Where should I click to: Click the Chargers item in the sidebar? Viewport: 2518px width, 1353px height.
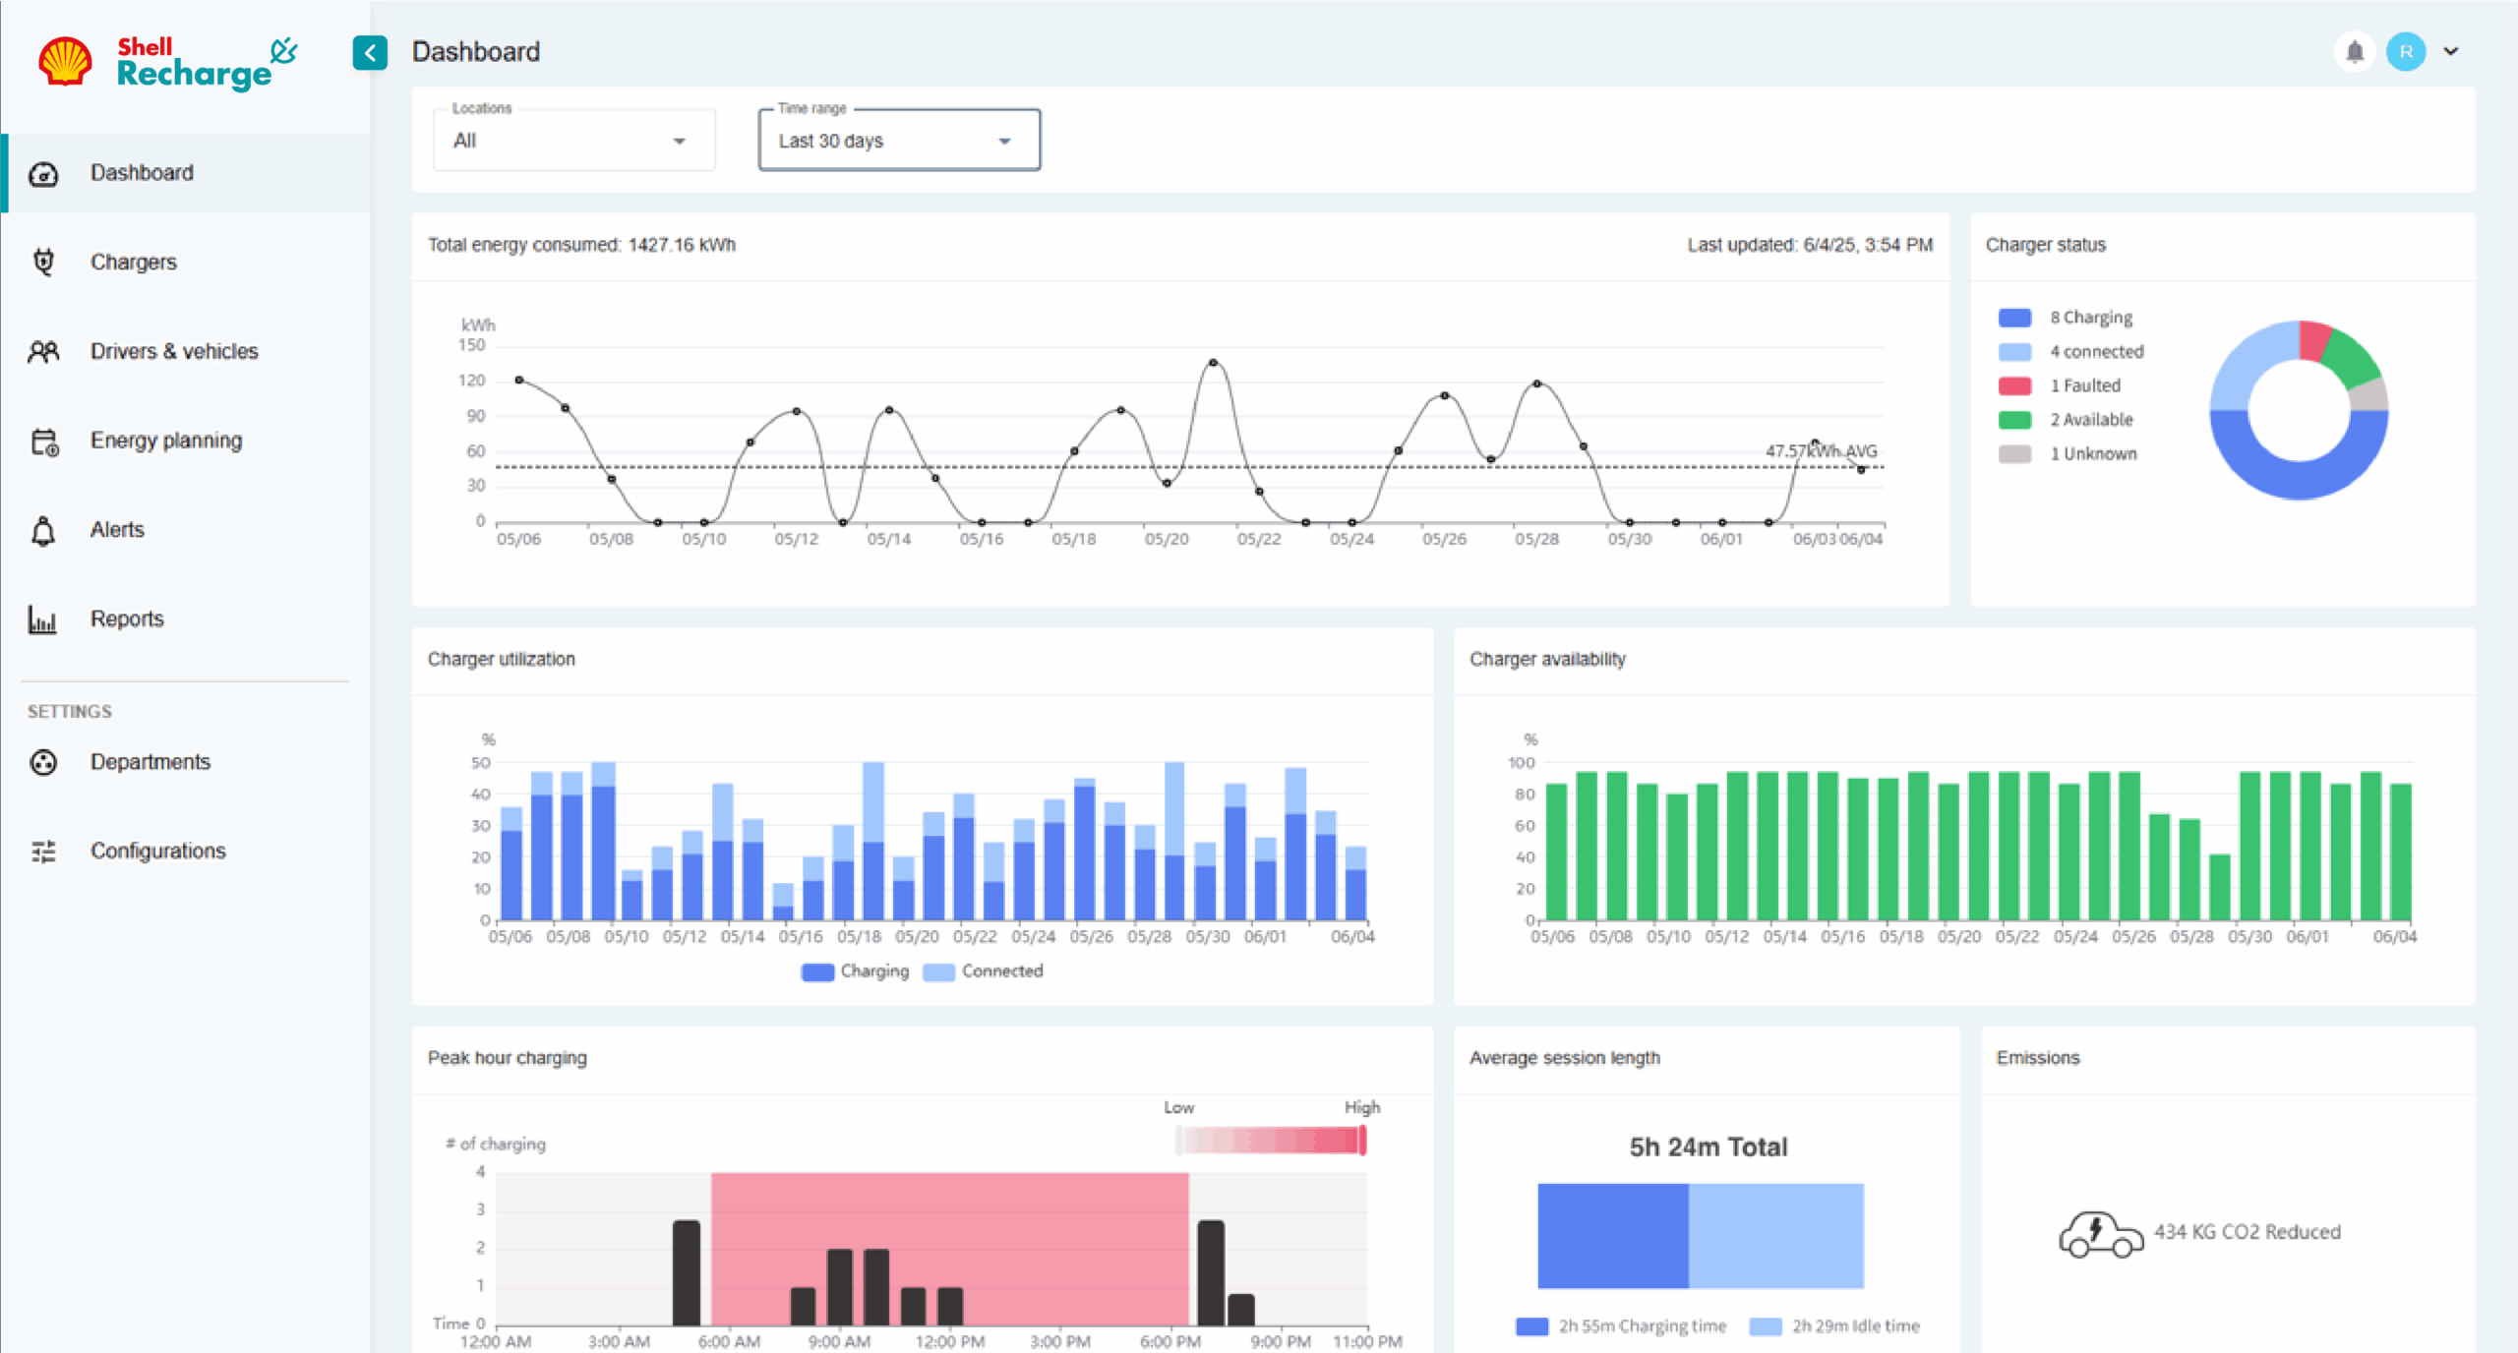pyautogui.click(x=133, y=263)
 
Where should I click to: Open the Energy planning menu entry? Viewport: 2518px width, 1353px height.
pyautogui.click(x=165, y=441)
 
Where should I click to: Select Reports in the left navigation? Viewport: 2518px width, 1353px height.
pyautogui.click(x=127, y=619)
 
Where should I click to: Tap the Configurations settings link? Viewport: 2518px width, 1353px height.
pyautogui.click(x=157, y=852)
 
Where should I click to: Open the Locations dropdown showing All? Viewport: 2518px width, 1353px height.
pyautogui.click(x=573, y=141)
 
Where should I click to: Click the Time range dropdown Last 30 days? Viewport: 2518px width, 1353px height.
pyautogui.click(x=898, y=141)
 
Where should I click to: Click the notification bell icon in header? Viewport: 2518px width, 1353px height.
pyautogui.click(x=2355, y=51)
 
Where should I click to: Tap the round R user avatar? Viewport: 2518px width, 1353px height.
pyautogui.click(x=2406, y=51)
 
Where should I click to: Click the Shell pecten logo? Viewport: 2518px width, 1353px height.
pyautogui.click(x=65, y=61)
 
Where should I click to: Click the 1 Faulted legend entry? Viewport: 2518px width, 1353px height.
pyautogui.click(x=2084, y=385)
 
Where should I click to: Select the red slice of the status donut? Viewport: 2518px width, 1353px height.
pyautogui.click(x=2314, y=339)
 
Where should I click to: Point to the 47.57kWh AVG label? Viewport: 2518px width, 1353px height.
pyautogui.click(x=1821, y=450)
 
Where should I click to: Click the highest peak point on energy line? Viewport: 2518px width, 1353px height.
pyautogui.click(x=1213, y=363)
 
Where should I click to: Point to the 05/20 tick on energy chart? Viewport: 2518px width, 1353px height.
pyautogui.click(x=1167, y=539)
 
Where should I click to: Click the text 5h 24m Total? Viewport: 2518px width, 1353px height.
pyautogui.click(x=1708, y=1147)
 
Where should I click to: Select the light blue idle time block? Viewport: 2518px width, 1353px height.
pyautogui.click(x=1775, y=1236)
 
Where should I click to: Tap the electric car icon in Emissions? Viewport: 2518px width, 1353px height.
pyautogui.click(x=2100, y=1234)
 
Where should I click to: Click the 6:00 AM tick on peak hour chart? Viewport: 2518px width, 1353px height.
pyautogui.click(x=729, y=1341)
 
